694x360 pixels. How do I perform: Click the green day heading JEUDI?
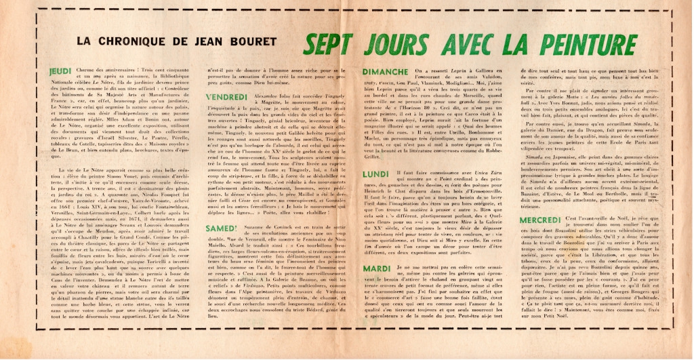click(x=61, y=71)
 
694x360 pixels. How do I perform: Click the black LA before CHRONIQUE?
click(x=86, y=41)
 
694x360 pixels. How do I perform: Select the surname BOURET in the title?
click(x=254, y=41)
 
